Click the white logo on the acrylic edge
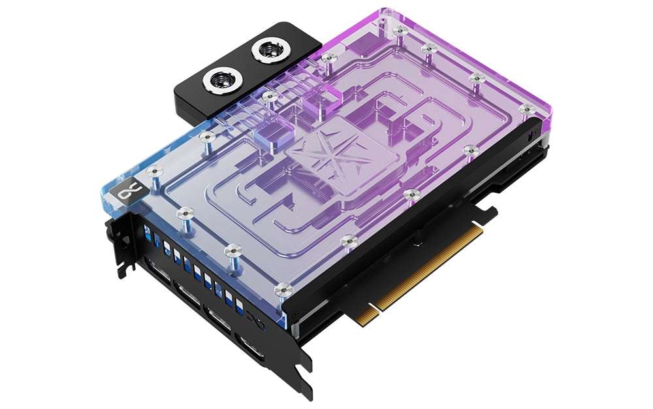click(123, 193)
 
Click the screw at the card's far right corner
click(525, 107)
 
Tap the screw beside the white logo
click(154, 171)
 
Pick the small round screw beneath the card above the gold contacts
click(413, 240)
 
